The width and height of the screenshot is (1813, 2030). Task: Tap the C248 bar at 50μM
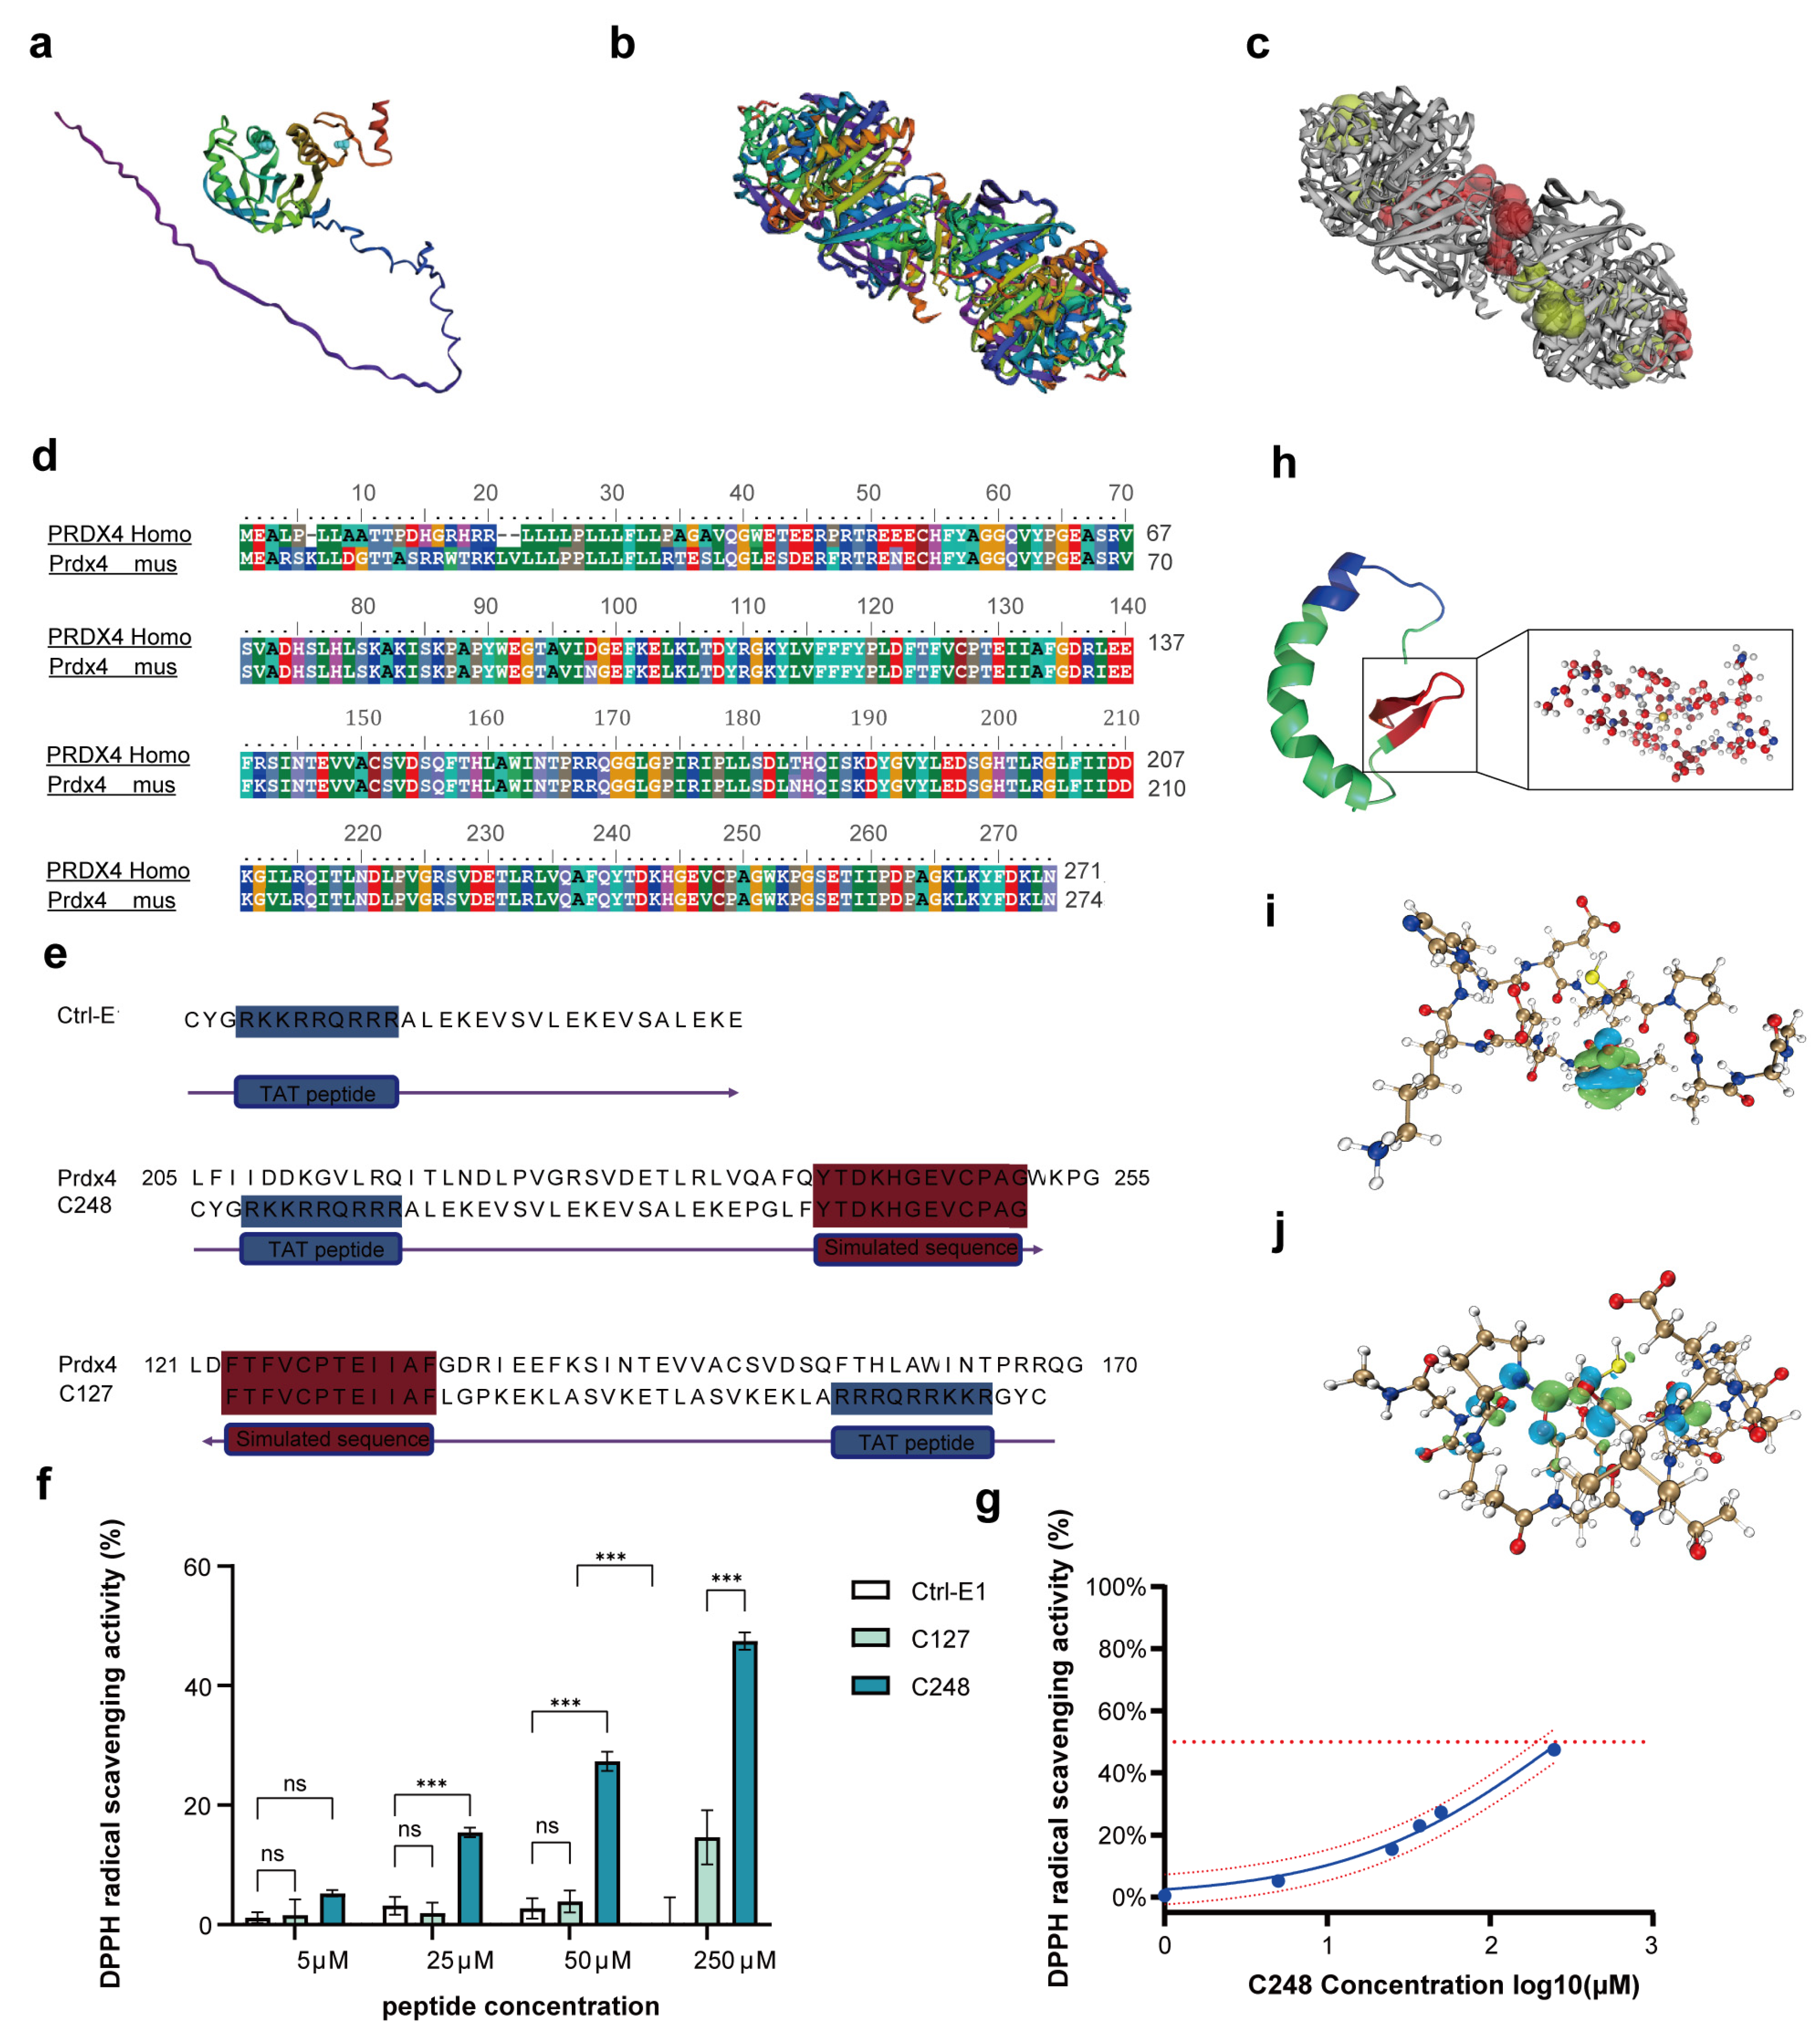point(606,1843)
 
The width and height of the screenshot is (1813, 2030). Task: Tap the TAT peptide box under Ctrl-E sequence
point(317,1093)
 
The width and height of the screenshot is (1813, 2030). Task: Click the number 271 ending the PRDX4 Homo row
point(1081,870)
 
